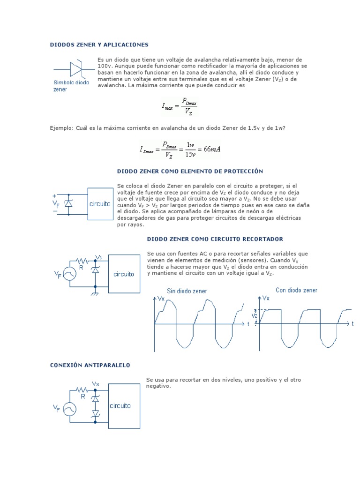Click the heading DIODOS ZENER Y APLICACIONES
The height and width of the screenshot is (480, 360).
click(x=99, y=45)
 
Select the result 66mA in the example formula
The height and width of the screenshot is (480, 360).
click(x=209, y=150)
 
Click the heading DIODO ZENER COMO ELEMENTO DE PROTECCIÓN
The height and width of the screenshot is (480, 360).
click(x=190, y=172)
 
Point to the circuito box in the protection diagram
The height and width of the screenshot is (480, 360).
click(x=100, y=204)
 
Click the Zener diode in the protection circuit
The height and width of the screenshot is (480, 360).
click(x=69, y=204)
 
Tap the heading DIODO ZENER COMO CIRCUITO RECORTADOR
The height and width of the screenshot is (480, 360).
click(x=215, y=239)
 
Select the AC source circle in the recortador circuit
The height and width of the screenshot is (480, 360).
click(x=69, y=274)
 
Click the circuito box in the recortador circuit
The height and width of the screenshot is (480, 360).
click(x=124, y=274)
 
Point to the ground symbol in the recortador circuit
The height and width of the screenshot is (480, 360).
click(x=95, y=293)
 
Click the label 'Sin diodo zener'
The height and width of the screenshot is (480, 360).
click(x=187, y=291)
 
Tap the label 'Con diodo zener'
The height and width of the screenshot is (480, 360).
click(x=296, y=290)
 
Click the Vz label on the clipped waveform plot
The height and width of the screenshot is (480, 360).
click(x=254, y=316)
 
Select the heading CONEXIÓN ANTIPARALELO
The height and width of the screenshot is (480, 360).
click(x=90, y=365)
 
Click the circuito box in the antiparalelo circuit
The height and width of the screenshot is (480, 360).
click(x=124, y=406)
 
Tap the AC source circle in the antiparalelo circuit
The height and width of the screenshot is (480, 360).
click(x=69, y=409)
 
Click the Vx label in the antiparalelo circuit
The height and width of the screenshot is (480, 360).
click(x=95, y=384)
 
